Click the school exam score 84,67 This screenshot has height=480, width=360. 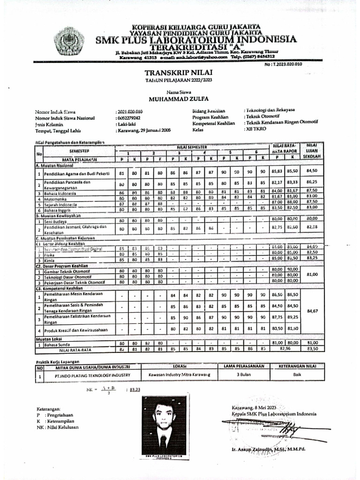pyautogui.click(x=312, y=310)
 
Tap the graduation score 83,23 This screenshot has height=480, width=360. pyautogui.click(x=135, y=390)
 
